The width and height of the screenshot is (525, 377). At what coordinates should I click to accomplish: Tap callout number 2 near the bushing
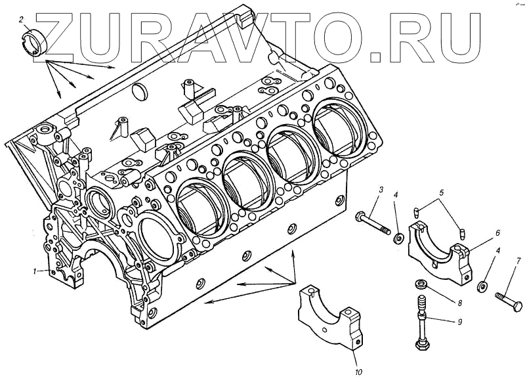22,19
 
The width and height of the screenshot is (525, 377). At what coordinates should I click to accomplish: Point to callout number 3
380,190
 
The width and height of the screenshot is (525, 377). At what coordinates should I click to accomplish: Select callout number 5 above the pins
442,192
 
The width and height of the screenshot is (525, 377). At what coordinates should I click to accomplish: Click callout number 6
498,233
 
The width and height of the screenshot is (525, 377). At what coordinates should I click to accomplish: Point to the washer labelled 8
420,284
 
